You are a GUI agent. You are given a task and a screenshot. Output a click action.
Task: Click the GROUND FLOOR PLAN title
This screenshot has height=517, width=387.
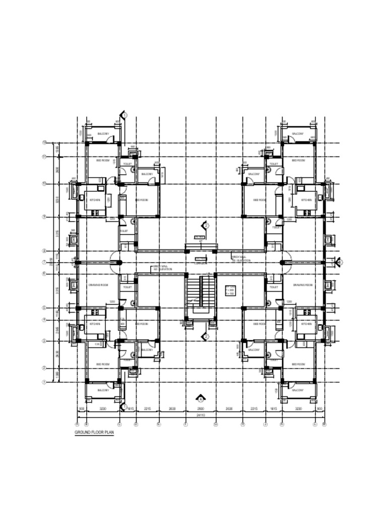point(94,433)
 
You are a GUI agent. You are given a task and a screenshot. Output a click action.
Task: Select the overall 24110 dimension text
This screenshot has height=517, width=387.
point(201,415)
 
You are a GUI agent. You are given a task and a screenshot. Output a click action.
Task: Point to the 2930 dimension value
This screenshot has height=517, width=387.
point(201,408)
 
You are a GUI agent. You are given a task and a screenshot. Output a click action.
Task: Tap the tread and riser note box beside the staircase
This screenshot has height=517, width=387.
point(230,291)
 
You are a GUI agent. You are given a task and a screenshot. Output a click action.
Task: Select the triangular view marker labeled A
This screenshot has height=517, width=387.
point(201,398)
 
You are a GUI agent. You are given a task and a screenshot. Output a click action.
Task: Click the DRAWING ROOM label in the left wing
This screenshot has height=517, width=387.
point(98,285)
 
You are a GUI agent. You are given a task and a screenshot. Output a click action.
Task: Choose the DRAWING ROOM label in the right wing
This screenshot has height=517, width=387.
point(302,285)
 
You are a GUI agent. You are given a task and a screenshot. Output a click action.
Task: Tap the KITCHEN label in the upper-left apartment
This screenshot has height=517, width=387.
point(95,200)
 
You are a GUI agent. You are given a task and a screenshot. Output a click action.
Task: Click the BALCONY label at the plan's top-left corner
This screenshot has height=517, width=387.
point(103,134)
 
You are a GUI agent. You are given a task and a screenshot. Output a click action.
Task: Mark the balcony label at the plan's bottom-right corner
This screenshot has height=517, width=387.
point(298,390)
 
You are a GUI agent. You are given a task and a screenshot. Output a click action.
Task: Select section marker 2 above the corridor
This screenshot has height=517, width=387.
point(206,226)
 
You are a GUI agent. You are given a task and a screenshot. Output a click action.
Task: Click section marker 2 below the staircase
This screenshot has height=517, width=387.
point(206,336)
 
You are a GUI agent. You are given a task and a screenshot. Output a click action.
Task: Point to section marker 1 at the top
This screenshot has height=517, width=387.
point(124,115)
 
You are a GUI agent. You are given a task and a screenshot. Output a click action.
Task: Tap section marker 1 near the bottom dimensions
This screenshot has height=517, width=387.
point(124,406)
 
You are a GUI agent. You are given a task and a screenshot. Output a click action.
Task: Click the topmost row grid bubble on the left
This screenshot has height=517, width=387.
point(44,143)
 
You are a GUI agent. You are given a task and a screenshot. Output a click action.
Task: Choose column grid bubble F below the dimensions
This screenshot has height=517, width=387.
point(185,424)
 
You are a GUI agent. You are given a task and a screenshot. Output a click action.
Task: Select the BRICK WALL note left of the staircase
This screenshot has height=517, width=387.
point(162,268)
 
